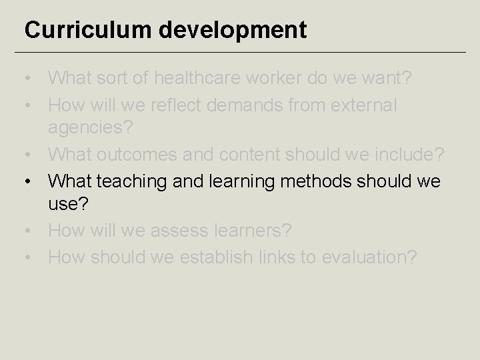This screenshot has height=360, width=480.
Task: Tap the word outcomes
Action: point(140,155)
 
